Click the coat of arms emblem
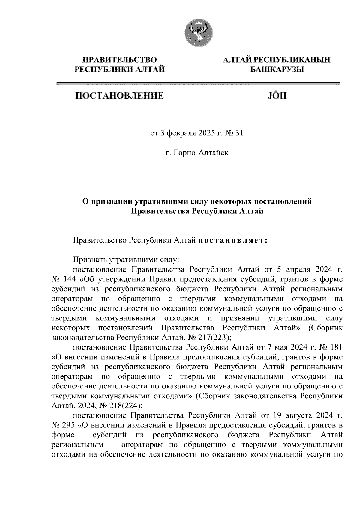[x=198, y=33]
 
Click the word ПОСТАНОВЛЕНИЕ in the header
[x=119, y=96]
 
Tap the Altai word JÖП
[x=276, y=96]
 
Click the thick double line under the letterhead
[x=198, y=83]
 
